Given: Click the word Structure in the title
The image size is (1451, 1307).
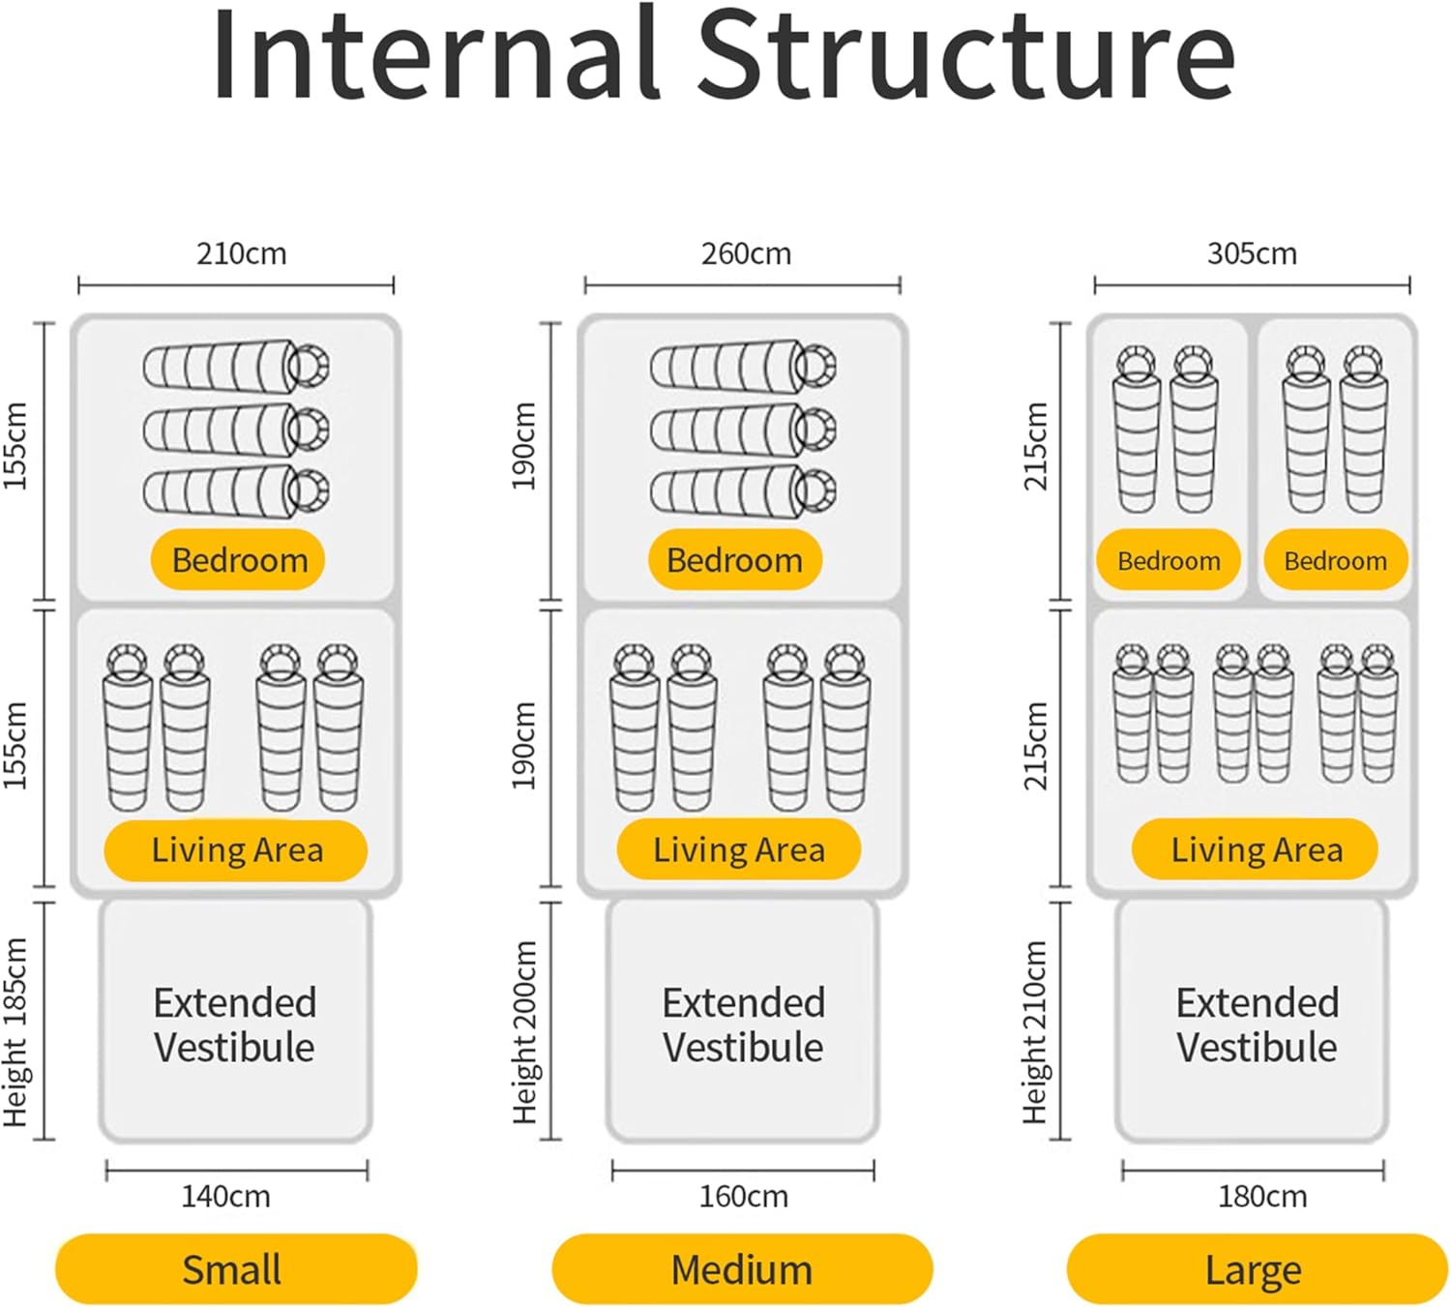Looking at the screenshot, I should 965,56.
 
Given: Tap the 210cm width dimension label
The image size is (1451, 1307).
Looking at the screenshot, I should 241,253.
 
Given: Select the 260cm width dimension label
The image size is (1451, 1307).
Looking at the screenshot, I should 746,253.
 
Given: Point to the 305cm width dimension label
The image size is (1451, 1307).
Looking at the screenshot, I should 1252,253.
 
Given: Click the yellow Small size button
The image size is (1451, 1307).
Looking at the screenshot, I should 235,1268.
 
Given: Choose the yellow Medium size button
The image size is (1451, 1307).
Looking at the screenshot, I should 742,1268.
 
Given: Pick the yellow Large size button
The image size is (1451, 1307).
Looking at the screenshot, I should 1256,1268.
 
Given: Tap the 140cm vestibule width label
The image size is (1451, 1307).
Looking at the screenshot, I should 225,1197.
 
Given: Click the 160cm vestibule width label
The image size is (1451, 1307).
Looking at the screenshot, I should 743,1197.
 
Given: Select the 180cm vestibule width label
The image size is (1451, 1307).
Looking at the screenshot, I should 1261,1197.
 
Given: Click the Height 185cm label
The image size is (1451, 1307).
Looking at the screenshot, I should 16,1032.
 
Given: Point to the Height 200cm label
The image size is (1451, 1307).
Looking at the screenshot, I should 524,1032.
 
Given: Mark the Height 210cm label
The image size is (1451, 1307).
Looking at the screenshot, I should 1035,1032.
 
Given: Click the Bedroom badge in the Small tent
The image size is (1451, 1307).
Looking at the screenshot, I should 238,559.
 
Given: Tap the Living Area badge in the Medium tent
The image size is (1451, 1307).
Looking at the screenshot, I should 738,849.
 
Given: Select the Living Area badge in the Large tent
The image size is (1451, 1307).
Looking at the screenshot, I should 1255,849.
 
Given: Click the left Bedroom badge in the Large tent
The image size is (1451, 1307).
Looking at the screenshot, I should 1168,560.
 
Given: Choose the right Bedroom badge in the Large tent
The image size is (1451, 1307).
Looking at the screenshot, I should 1335,560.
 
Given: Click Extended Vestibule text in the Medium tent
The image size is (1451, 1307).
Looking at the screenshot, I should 743,1025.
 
